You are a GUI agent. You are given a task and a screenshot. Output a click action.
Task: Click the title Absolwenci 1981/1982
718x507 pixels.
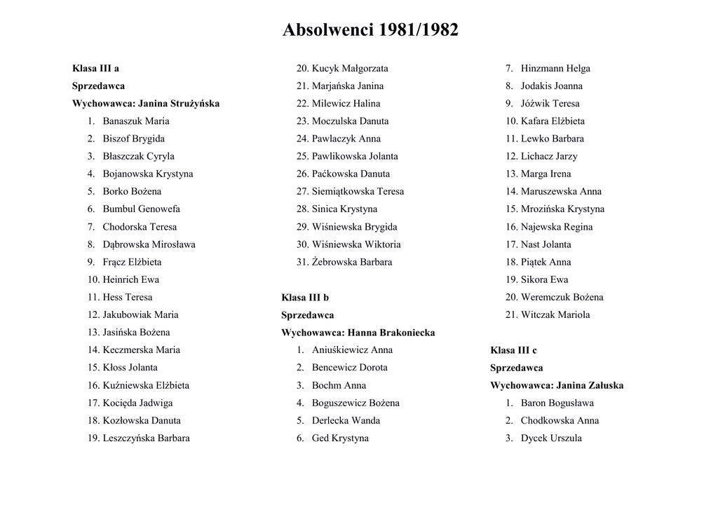(370, 30)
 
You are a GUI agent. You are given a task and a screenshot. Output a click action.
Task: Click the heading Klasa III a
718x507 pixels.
(95, 69)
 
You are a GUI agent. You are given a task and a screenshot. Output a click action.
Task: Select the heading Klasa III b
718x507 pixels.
(305, 298)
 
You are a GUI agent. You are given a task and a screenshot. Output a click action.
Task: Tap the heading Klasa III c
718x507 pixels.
(513, 350)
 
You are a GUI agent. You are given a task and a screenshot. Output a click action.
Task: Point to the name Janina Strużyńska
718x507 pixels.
(179, 104)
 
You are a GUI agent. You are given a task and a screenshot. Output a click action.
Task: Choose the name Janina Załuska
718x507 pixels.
(589, 385)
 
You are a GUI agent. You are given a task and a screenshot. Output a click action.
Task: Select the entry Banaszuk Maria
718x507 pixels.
(135, 121)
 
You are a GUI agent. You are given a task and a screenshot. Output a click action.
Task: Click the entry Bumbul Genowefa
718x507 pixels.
(141, 209)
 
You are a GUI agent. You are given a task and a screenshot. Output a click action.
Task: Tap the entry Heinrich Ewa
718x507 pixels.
(130, 279)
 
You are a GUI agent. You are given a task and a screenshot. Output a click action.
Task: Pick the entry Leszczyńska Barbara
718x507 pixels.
(146, 438)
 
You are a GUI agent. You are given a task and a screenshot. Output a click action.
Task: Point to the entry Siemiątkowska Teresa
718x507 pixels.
(358, 191)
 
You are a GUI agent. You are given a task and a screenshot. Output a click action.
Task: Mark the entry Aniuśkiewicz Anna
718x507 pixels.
(352, 350)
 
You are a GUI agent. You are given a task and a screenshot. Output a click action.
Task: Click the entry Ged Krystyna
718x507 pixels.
(340, 438)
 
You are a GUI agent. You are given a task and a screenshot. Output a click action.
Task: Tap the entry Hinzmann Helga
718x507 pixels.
(555, 69)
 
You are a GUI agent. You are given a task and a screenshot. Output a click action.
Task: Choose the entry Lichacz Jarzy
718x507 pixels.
(549, 156)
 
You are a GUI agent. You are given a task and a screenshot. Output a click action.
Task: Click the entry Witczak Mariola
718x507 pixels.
(555, 315)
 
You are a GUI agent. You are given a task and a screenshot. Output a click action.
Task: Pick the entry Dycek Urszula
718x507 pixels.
(551, 438)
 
